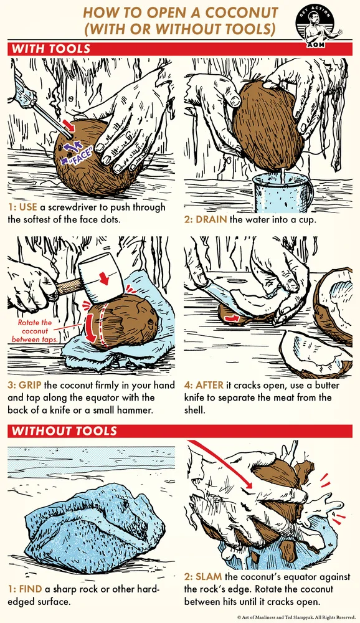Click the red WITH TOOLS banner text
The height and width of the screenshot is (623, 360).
click(51, 49)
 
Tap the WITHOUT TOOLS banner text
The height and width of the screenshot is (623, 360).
click(64, 431)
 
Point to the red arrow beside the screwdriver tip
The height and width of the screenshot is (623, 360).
click(69, 125)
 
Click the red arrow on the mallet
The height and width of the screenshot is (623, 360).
click(104, 278)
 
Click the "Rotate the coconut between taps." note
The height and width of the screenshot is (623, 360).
click(35, 331)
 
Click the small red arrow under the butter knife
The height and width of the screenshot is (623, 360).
click(232, 318)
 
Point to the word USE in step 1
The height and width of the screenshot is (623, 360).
click(28, 207)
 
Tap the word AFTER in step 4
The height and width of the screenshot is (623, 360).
click(209, 385)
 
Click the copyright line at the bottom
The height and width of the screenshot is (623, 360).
click(296, 617)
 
